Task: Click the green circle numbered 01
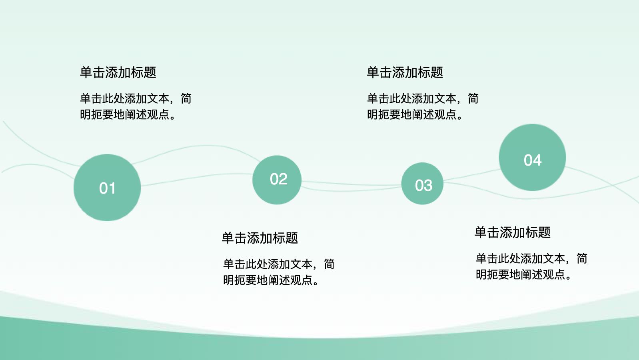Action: (x=107, y=188)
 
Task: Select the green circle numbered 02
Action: (x=277, y=180)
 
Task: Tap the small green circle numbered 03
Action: (x=422, y=184)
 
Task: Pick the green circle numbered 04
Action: (x=532, y=157)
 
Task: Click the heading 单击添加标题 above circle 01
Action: (x=118, y=72)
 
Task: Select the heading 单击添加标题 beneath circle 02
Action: (x=260, y=238)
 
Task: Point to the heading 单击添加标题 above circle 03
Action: (x=405, y=72)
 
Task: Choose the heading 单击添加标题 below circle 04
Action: (x=513, y=232)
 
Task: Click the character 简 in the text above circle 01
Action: (x=186, y=98)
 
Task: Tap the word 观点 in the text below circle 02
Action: (x=301, y=280)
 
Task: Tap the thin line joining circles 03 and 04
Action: (x=471, y=175)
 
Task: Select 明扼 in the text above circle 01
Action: (x=91, y=114)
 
